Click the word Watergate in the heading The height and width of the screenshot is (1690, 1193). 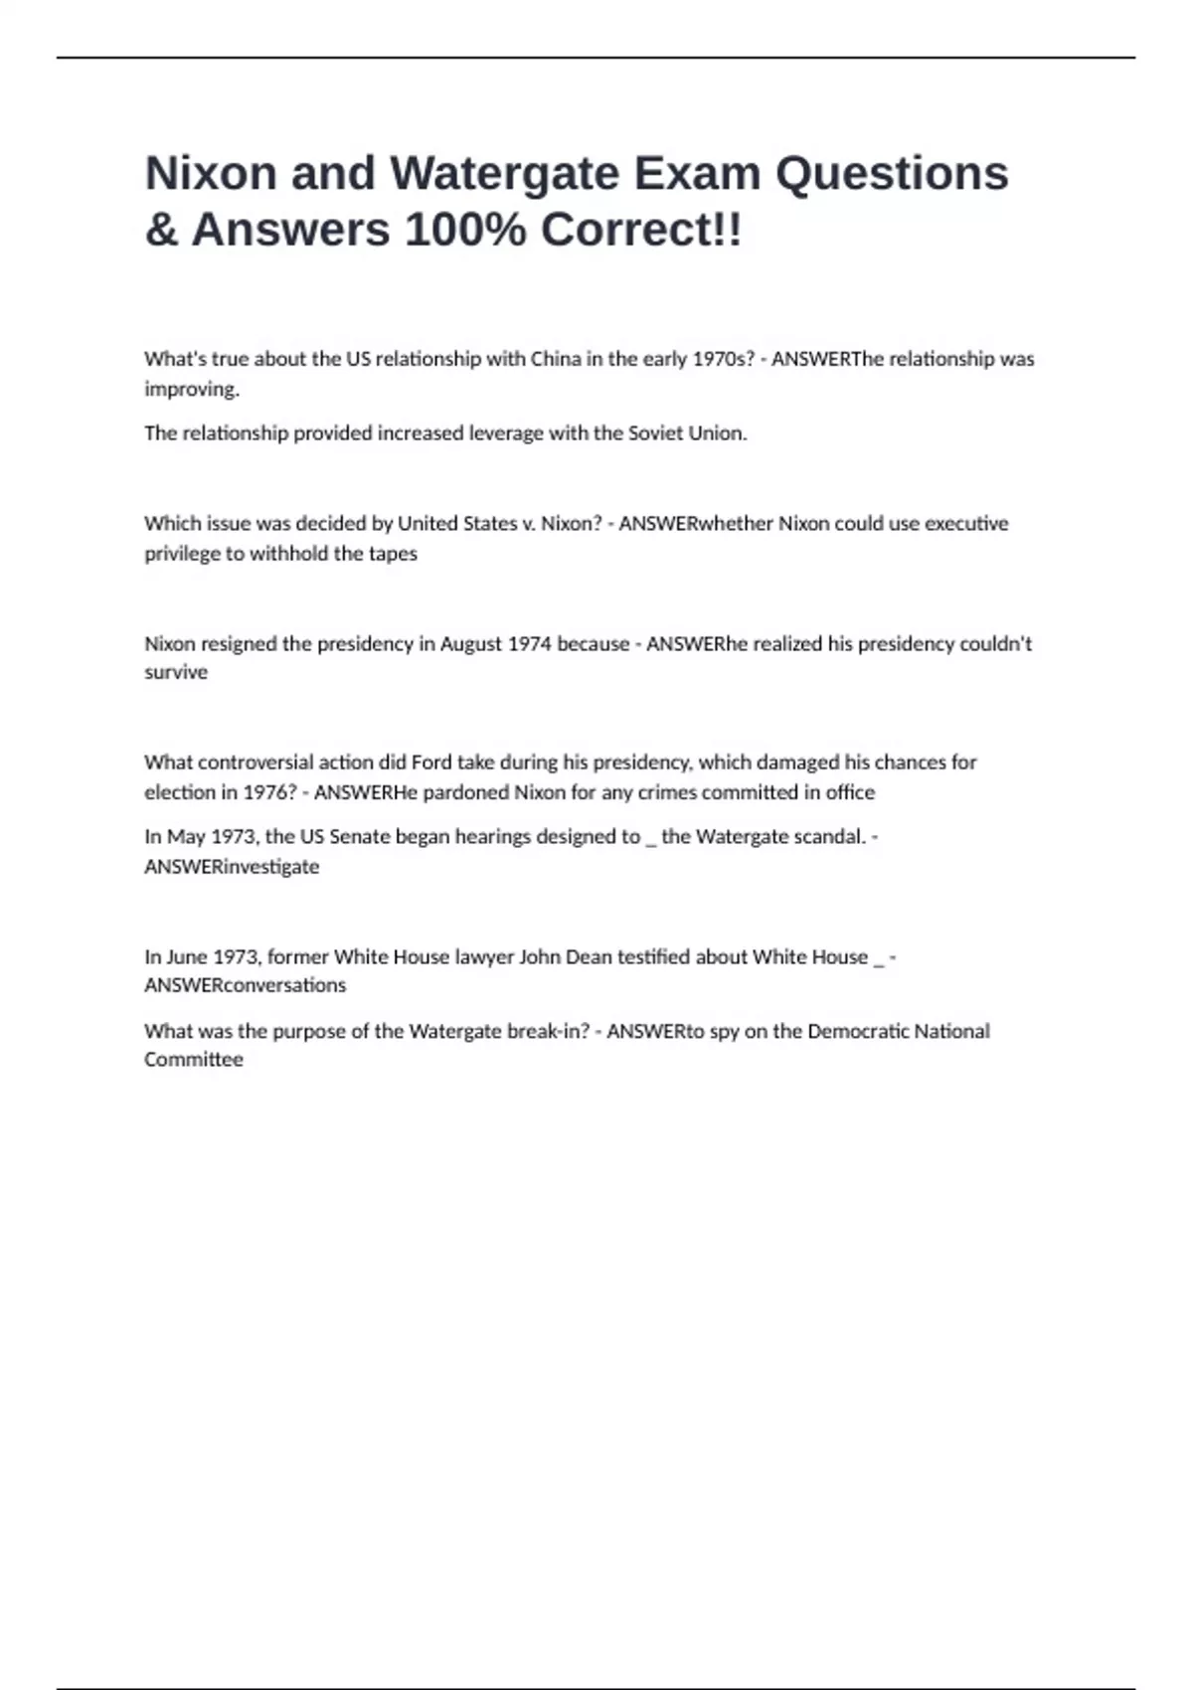point(504,173)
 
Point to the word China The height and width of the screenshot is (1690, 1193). point(556,359)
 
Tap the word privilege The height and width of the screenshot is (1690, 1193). point(182,554)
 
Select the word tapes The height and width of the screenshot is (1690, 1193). point(393,554)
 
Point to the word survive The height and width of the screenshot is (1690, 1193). point(176,673)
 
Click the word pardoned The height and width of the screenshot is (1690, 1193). point(466,792)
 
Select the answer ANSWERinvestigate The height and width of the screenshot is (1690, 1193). point(232,867)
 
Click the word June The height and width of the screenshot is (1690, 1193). point(186,957)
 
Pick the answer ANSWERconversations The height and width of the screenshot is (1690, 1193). point(245,985)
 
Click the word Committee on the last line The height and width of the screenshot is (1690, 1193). point(194,1060)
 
